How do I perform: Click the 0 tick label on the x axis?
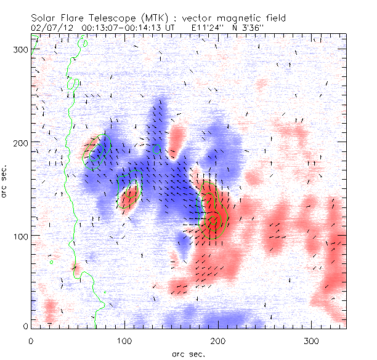pos(31,340)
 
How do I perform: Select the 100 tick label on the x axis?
pos(124,340)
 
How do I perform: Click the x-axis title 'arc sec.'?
pos(188,354)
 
